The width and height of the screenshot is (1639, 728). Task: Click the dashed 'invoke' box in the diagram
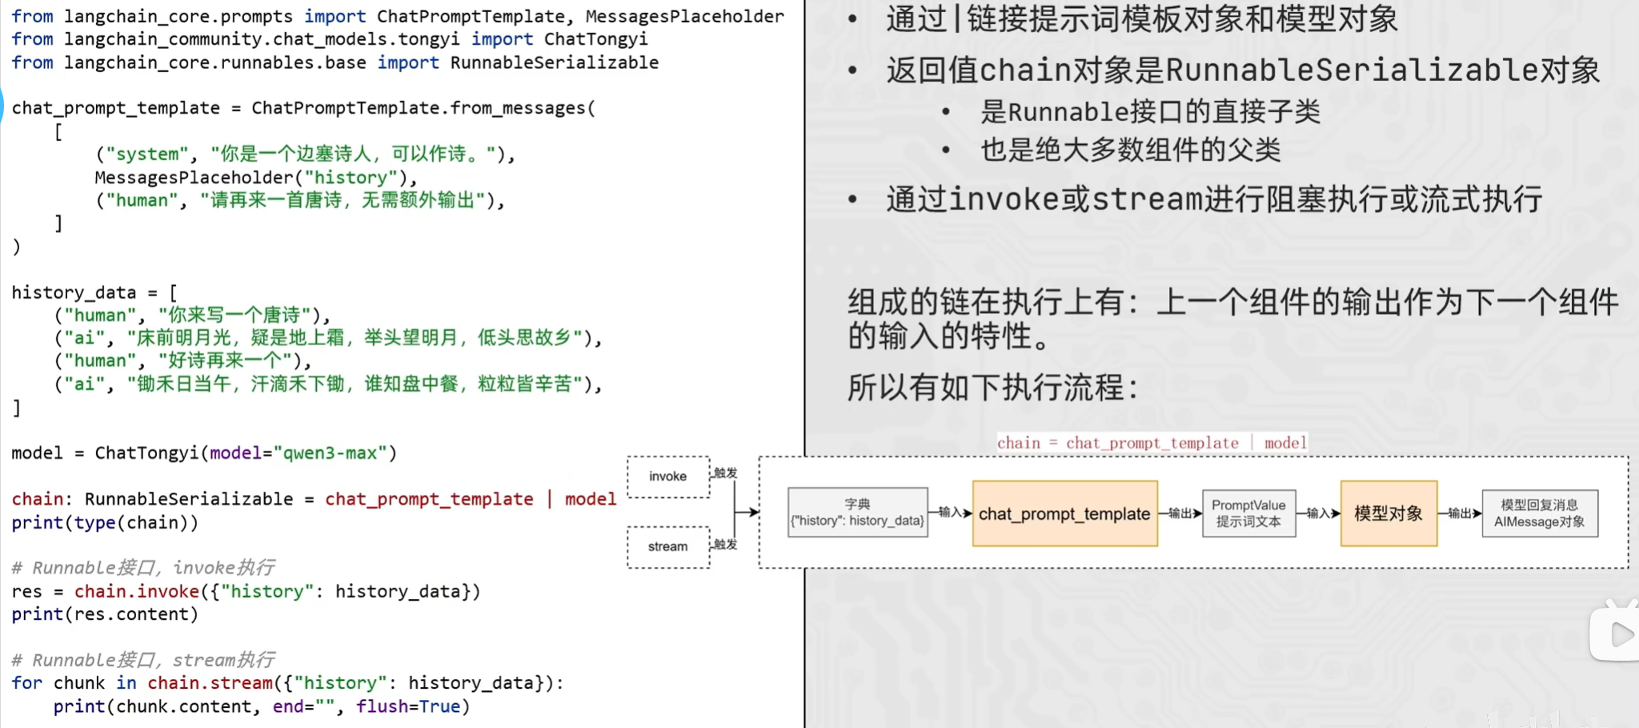(x=668, y=477)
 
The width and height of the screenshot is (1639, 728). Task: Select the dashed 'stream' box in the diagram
(x=668, y=547)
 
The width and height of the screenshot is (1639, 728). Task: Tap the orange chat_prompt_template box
(x=1065, y=513)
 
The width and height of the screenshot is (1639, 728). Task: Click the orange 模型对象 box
(x=1389, y=513)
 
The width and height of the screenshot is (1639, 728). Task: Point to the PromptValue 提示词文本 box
(x=1248, y=513)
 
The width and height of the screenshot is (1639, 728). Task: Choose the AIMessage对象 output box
(x=1540, y=513)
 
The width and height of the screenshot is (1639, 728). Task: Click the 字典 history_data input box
(x=858, y=513)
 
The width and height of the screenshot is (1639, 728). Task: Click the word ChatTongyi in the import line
(x=596, y=39)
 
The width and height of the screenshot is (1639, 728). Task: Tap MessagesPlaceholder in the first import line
(x=685, y=16)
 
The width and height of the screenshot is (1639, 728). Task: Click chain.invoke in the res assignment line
(x=137, y=592)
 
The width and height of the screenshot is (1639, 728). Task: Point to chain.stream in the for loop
(x=210, y=683)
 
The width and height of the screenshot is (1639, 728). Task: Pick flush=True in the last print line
(x=408, y=706)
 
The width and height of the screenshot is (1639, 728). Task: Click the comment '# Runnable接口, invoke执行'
(x=143, y=568)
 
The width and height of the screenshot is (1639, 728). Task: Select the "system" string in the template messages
(x=147, y=154)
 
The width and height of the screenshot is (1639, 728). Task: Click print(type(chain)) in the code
(x=105, y=523)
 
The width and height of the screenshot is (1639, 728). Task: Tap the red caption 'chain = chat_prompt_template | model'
(x=1152, y=443)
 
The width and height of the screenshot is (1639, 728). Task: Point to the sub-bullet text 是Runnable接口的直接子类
(x=1151, y=111)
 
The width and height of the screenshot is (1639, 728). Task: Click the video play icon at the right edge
(x=1618, y=633)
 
